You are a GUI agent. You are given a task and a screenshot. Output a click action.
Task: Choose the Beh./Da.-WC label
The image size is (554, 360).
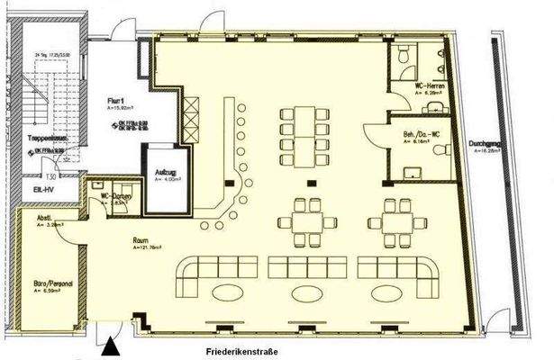[420, 133]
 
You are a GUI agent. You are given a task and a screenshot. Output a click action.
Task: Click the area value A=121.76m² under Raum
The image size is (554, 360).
[148, 247]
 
